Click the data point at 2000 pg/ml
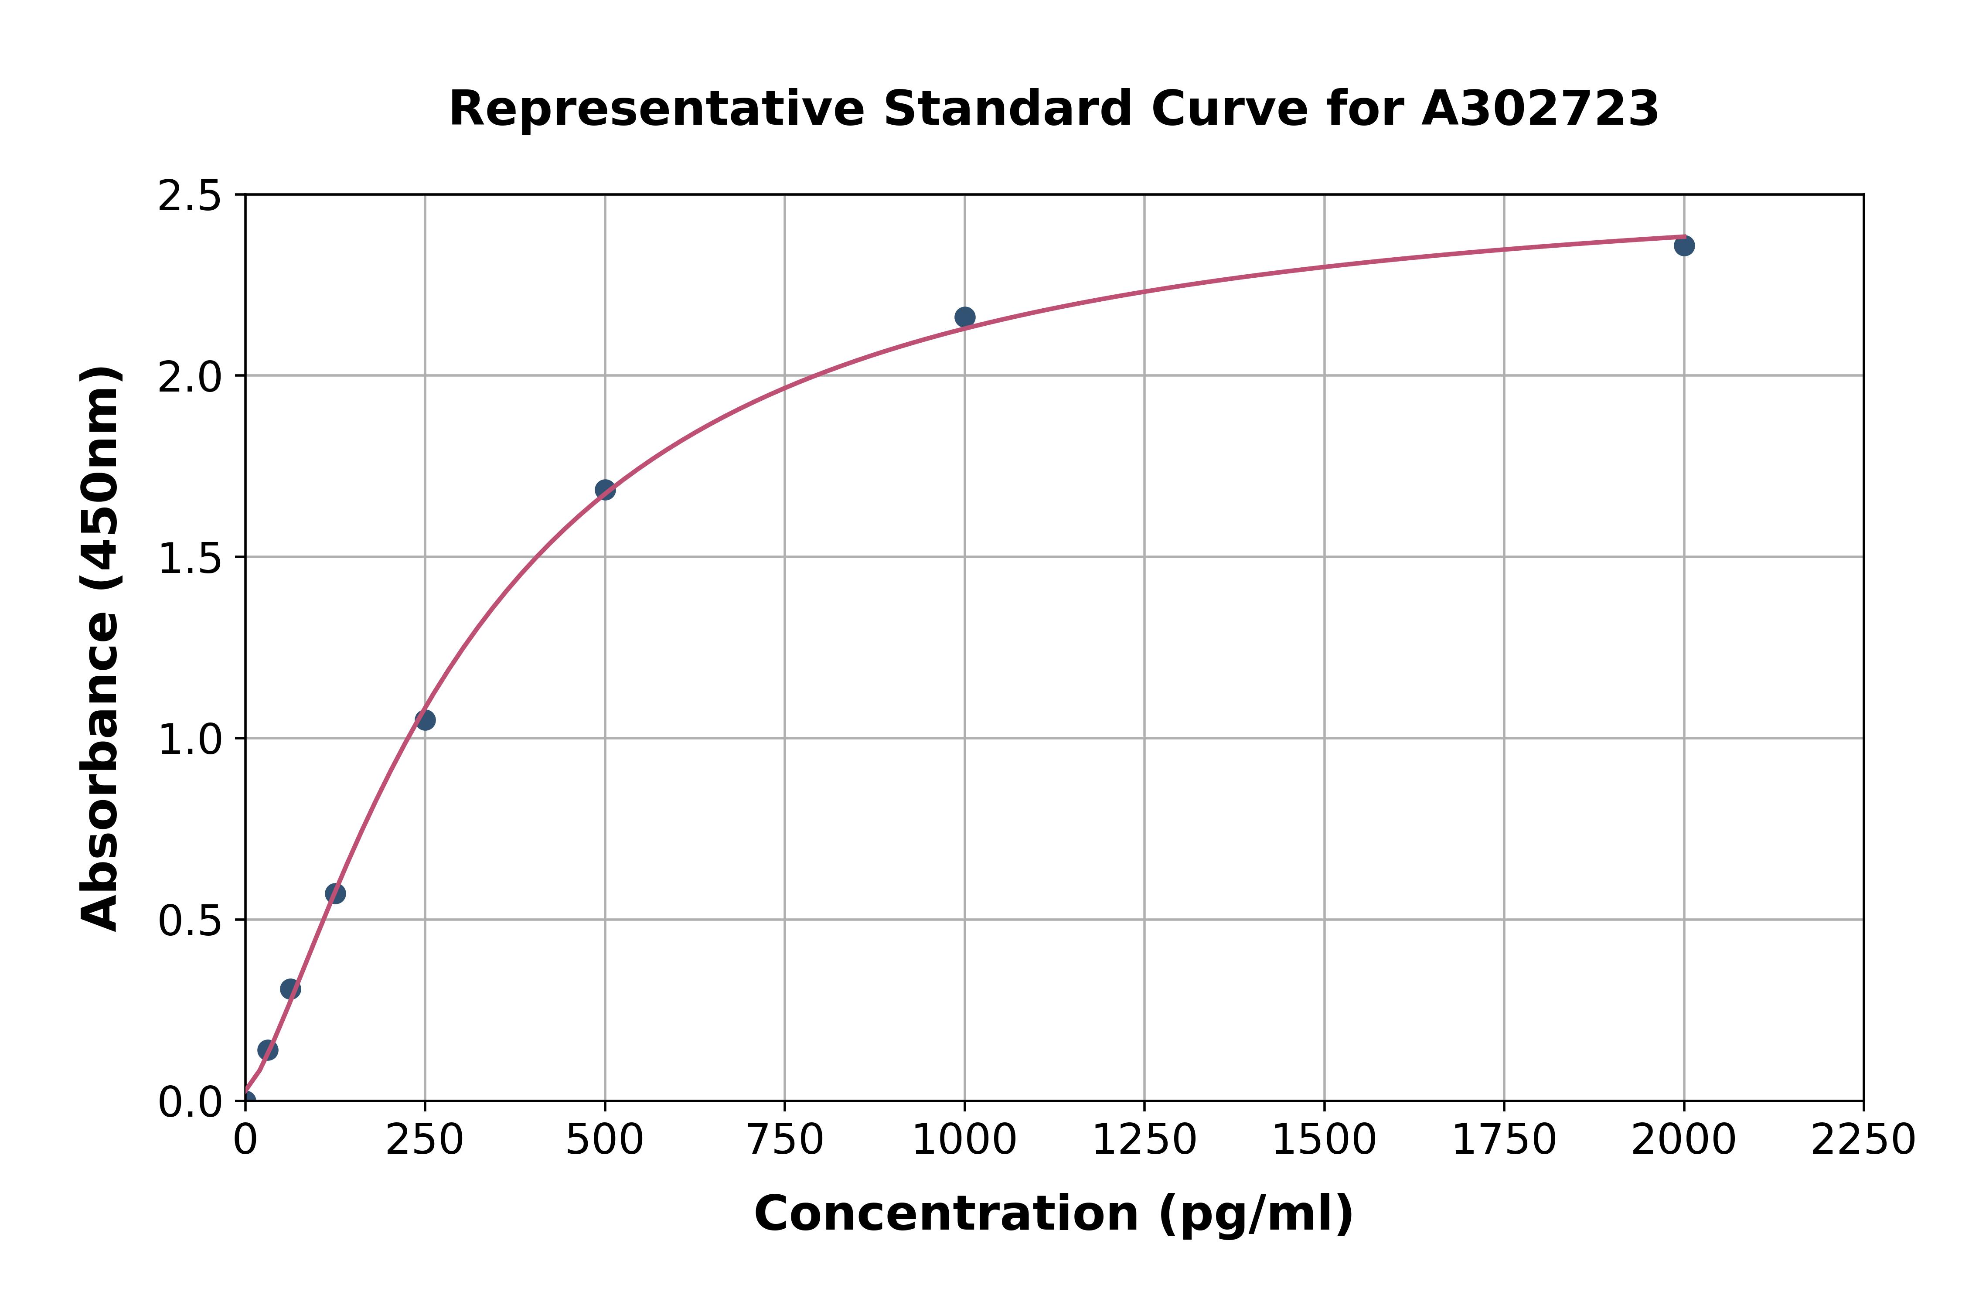click(x=1684, y=245)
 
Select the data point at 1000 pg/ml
click(x=964, y=317)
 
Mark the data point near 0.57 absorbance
click(x=335, y=893)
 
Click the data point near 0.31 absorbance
click(x=290, y=988)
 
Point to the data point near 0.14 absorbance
click(x=268, y=1050)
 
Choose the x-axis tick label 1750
click(x=1504, y=1141)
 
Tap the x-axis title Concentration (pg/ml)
click(x=1054, y=1214)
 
